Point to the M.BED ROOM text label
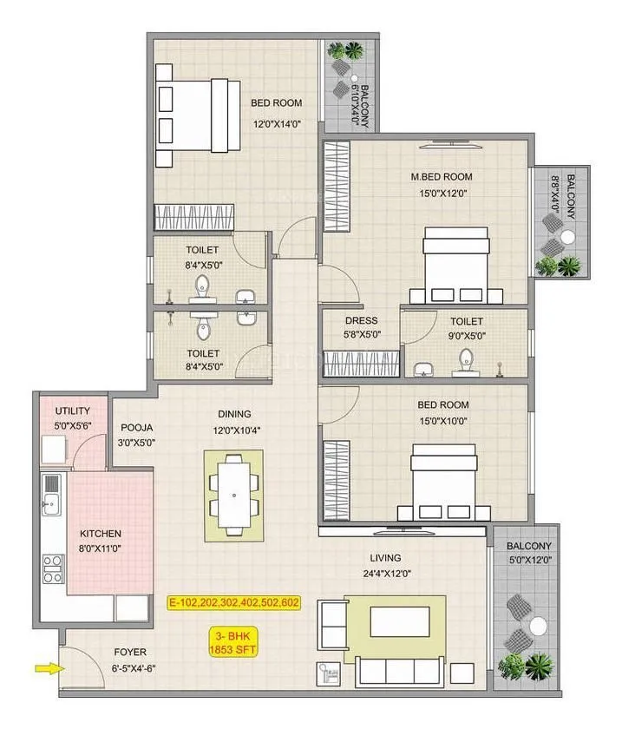click(442, 177)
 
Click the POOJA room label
click(137, 428)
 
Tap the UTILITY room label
click(72, 410)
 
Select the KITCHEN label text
click(101, 534)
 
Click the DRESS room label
click(361, 320)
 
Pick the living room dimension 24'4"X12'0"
click(383, 573)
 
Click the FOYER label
click(128, 652)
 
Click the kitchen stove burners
click(52, 568)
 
